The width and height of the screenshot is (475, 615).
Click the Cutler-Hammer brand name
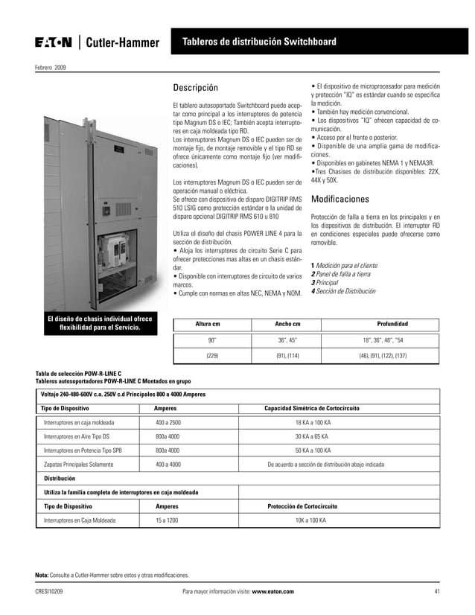[x=121, y=43]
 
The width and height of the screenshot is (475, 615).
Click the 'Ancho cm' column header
[x=287, y=325]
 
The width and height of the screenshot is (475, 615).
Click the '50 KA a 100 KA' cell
[x=313, y=450]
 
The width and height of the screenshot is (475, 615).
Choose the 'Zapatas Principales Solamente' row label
[x=79, y=464]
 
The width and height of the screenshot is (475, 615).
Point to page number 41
[x=437, y=591]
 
